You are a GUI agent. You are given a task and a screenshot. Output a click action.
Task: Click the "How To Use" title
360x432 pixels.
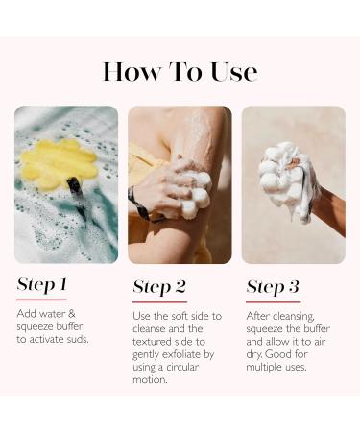click(x=180, y=71)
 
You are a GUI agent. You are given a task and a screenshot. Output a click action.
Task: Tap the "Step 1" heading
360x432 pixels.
click(x=42, y=284)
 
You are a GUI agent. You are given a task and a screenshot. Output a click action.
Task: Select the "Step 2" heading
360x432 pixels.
click(x=159, y=287)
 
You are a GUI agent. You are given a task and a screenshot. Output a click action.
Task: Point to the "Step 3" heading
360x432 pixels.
click(x=273, y=287)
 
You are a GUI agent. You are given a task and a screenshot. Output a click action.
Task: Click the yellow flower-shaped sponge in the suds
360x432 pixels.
click(x=59, y=164)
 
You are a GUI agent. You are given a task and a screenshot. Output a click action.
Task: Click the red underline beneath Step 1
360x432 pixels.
click(x=41, y=300)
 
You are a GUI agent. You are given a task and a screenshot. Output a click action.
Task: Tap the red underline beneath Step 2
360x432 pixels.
click(x=159, y=301)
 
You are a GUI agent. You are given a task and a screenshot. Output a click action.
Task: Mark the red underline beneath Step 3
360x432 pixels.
click(x=274, y=301)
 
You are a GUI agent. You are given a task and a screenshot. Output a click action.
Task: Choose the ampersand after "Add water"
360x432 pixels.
click(x=71, y=313)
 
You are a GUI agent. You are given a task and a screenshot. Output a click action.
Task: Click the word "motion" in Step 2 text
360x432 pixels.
click(x=150, y=380)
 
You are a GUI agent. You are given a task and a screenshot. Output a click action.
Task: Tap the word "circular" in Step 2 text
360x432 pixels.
click(x=182, y=367)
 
